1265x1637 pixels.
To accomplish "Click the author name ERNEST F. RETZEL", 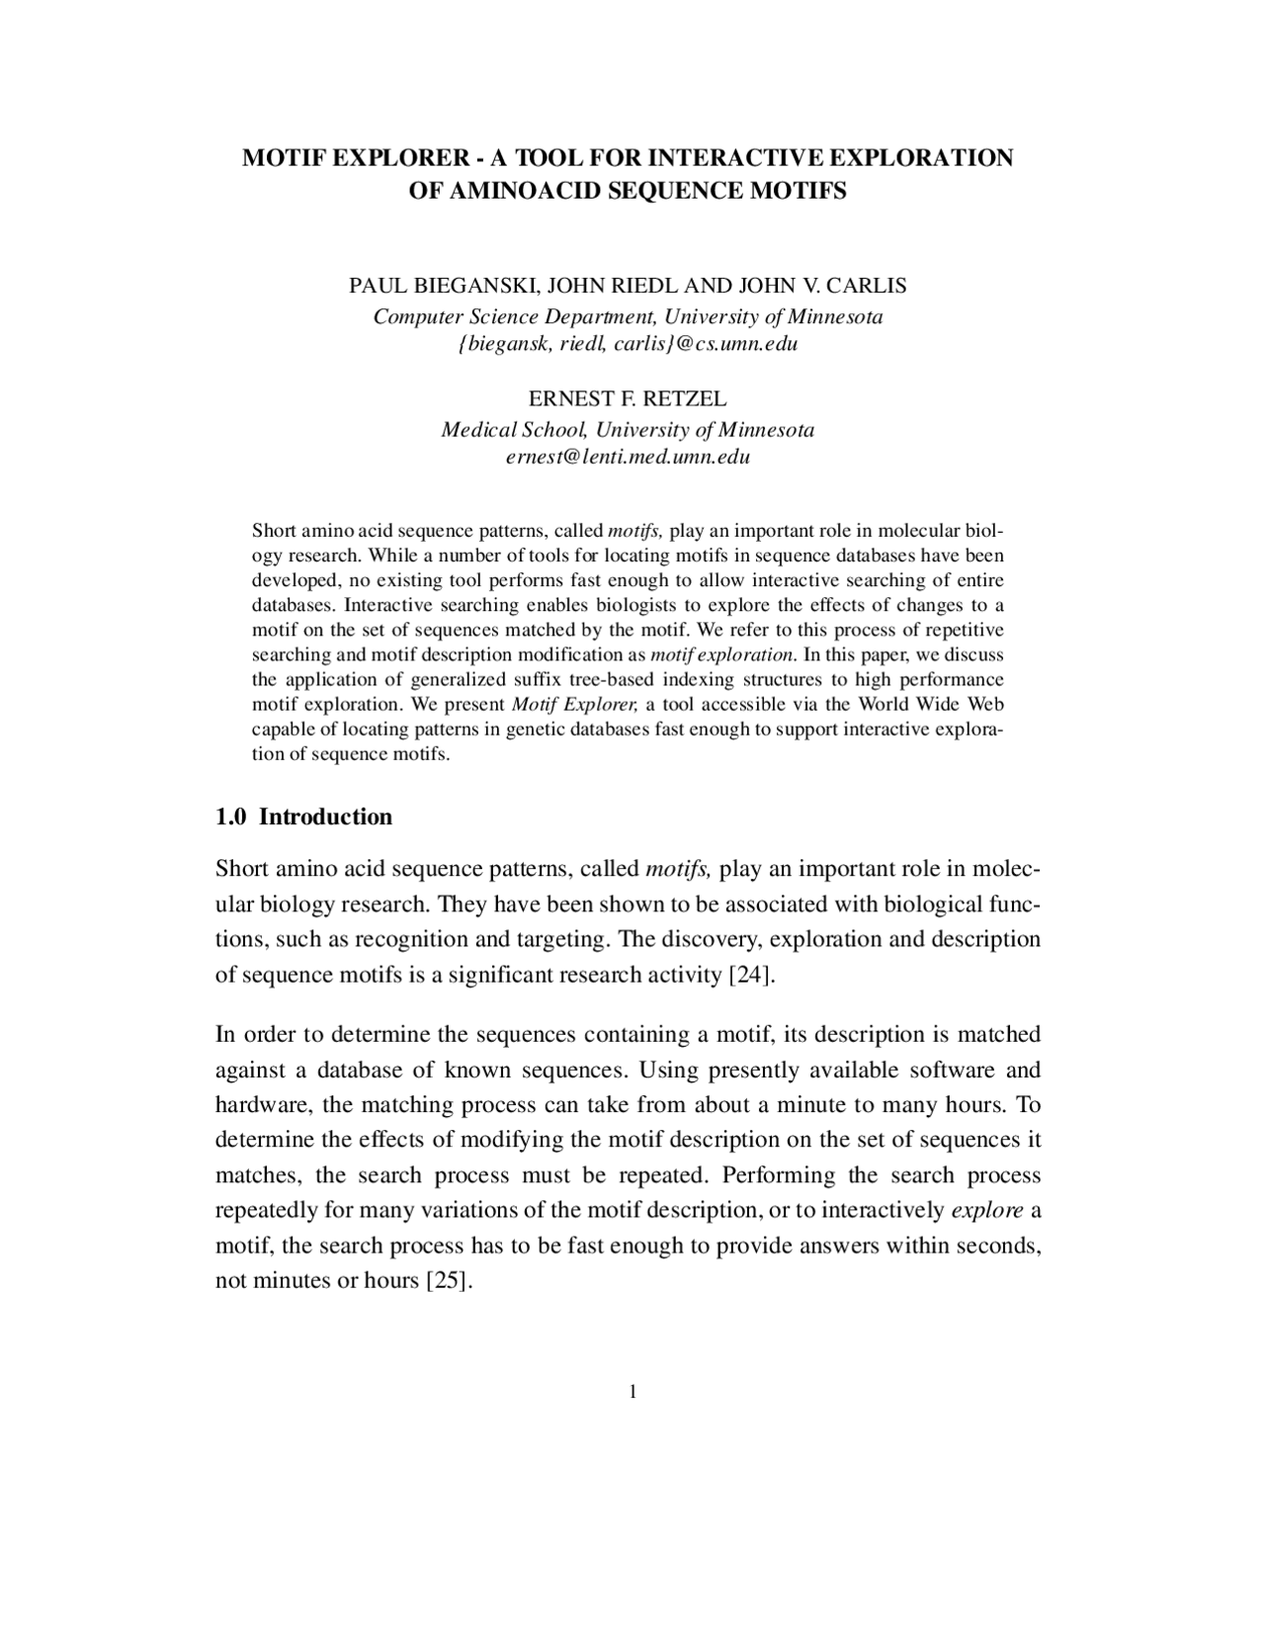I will coord(628,398).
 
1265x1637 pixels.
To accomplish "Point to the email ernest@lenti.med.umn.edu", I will coord(628,457).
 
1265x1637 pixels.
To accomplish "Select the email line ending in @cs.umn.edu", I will coord(628,344).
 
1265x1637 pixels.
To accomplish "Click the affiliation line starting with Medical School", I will coord(628,430).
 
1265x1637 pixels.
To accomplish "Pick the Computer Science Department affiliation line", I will coord(628,316).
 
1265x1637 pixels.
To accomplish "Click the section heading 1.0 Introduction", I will coord(303,817).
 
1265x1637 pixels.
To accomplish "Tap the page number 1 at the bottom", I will coord(632,1393).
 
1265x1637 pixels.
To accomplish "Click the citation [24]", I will coord(750,975).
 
